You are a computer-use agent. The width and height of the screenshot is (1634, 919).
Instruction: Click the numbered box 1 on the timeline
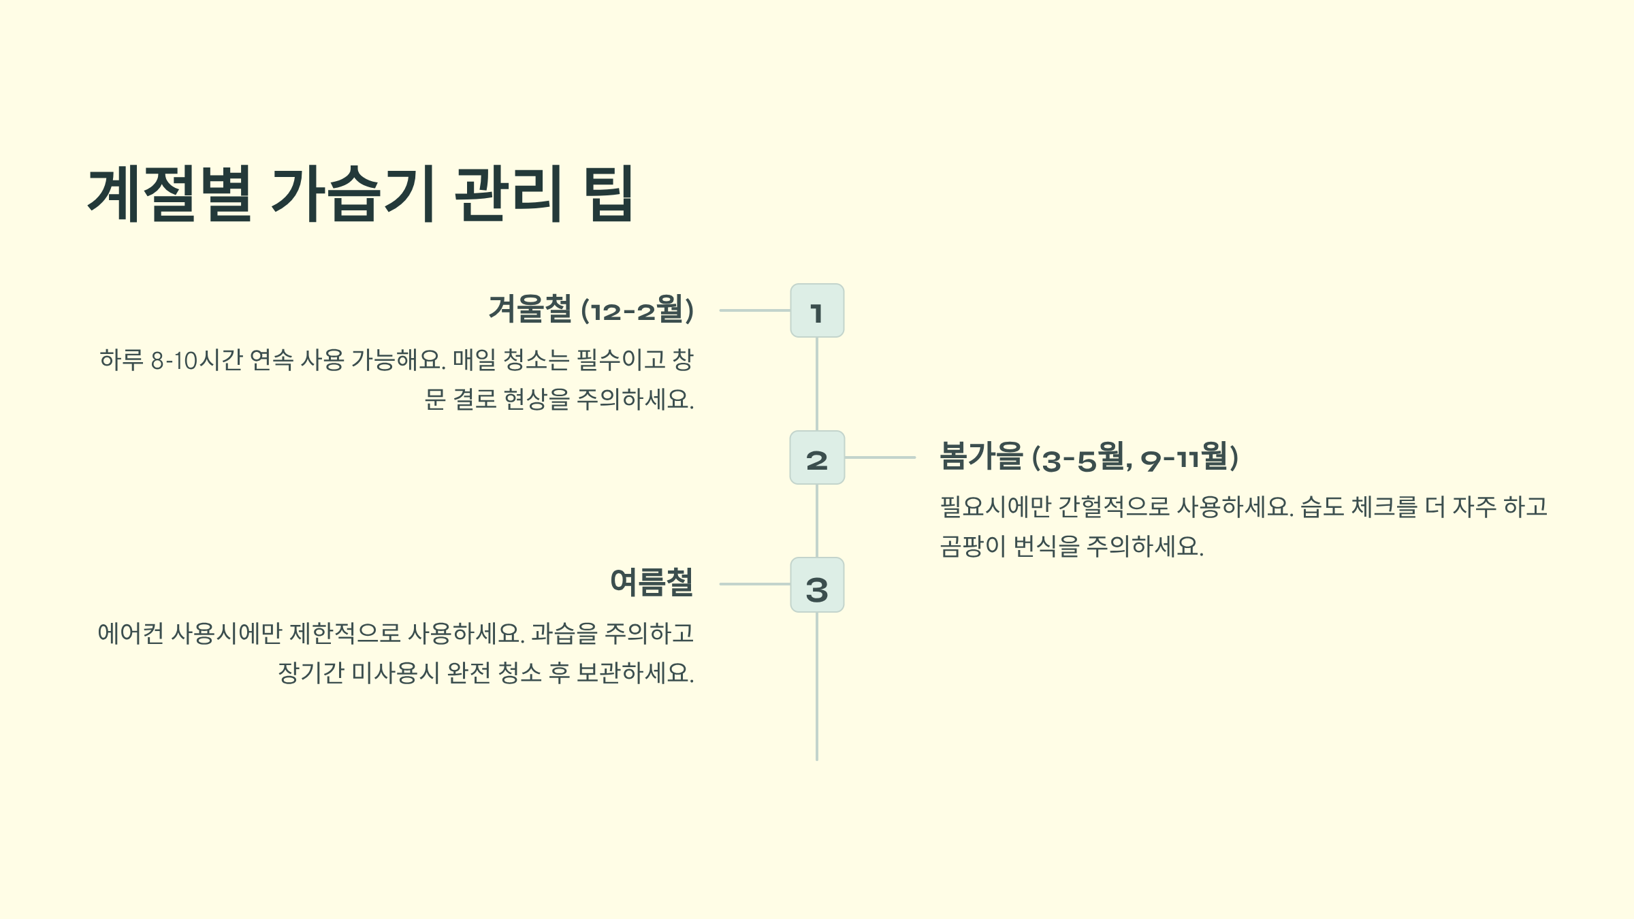click(x=817, y=310)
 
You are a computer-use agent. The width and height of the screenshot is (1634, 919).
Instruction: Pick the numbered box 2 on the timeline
click(x=817, y=457)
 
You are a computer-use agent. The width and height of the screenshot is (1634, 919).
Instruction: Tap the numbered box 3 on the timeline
click(x=817, y=585)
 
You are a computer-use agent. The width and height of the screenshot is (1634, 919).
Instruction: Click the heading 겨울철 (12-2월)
click(x=591, y=310)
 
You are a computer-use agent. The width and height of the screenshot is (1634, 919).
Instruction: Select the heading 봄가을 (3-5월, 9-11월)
click(x=1088, y=457)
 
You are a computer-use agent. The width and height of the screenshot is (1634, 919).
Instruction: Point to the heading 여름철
click(x=651, y=583)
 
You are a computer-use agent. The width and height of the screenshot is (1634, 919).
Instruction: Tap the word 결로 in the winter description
click(x=475, y=400)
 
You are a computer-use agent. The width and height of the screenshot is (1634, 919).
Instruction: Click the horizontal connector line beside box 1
click(x=754, y=310)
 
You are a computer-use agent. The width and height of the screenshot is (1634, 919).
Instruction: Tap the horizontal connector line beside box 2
click(x=880, y=457)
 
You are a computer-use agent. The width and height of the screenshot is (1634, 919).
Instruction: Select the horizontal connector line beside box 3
click(x=754, y=584)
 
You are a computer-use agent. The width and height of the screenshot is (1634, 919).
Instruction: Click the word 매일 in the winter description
click(x=474, y=360)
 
